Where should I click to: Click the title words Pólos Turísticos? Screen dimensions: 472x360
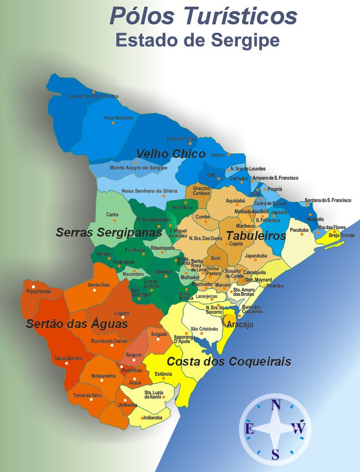[x=203, y=16]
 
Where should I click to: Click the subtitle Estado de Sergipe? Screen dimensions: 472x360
[x=197, y=40]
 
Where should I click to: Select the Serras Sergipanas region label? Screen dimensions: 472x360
[x=109, y=233]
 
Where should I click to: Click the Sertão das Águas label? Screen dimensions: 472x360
[x=77, y=324]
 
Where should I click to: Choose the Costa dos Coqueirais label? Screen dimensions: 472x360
[x=229, y=362]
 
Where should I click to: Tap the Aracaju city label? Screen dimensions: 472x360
[x=239, y=325]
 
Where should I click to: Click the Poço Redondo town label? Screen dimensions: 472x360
[x=118, y=117]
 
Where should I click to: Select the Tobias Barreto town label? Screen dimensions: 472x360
[x=68, y=358]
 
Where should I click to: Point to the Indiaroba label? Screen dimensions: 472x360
[x=152, y=418]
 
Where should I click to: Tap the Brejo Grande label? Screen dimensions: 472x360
[x=342, y=235]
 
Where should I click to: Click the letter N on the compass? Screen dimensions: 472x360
[x=275, y=404]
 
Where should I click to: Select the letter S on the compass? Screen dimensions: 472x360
[x=275, y=454]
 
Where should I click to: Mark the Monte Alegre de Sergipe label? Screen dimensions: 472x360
[x=138, y=168]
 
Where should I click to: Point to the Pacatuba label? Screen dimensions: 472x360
[x=299, y=229]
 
